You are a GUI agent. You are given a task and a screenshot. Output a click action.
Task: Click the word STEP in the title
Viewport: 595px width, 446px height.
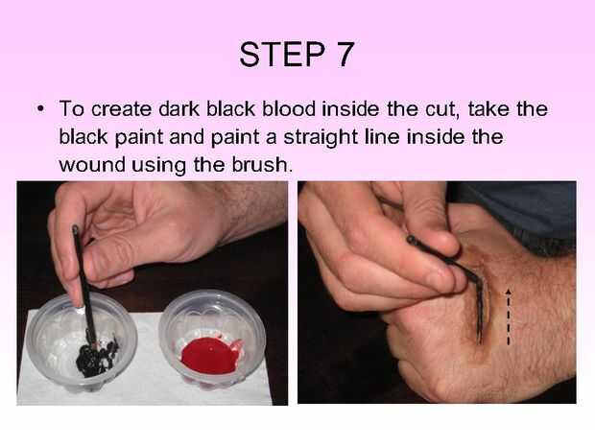click(282, 55)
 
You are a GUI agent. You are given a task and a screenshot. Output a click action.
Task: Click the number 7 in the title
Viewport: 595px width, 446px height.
click(345, 55)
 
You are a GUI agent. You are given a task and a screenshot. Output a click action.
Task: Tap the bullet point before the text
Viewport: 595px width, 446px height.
click(40, 109)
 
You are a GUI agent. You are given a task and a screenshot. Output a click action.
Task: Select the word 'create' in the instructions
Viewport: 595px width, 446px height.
click(122, 109)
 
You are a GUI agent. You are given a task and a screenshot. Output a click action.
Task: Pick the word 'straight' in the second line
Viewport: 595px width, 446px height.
click(321, 137)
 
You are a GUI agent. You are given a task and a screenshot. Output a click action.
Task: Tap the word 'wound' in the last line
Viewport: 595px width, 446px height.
click(92, 165)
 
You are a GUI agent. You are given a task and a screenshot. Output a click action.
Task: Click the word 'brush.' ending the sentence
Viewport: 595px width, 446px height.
click(262, 164)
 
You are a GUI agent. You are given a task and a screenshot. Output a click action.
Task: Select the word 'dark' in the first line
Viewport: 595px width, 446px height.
click(179, 108)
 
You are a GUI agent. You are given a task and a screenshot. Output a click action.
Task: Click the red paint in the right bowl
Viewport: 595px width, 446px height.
click(210, 356)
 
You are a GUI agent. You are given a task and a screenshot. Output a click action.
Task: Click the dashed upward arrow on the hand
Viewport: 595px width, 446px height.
click(509, 317)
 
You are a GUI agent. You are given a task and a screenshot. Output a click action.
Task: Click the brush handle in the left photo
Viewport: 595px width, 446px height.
click(83, 284)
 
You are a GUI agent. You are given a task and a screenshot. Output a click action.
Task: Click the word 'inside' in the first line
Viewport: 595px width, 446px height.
click(350, 108)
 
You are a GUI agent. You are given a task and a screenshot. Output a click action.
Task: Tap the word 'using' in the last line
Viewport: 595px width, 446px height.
click(159, 166)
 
